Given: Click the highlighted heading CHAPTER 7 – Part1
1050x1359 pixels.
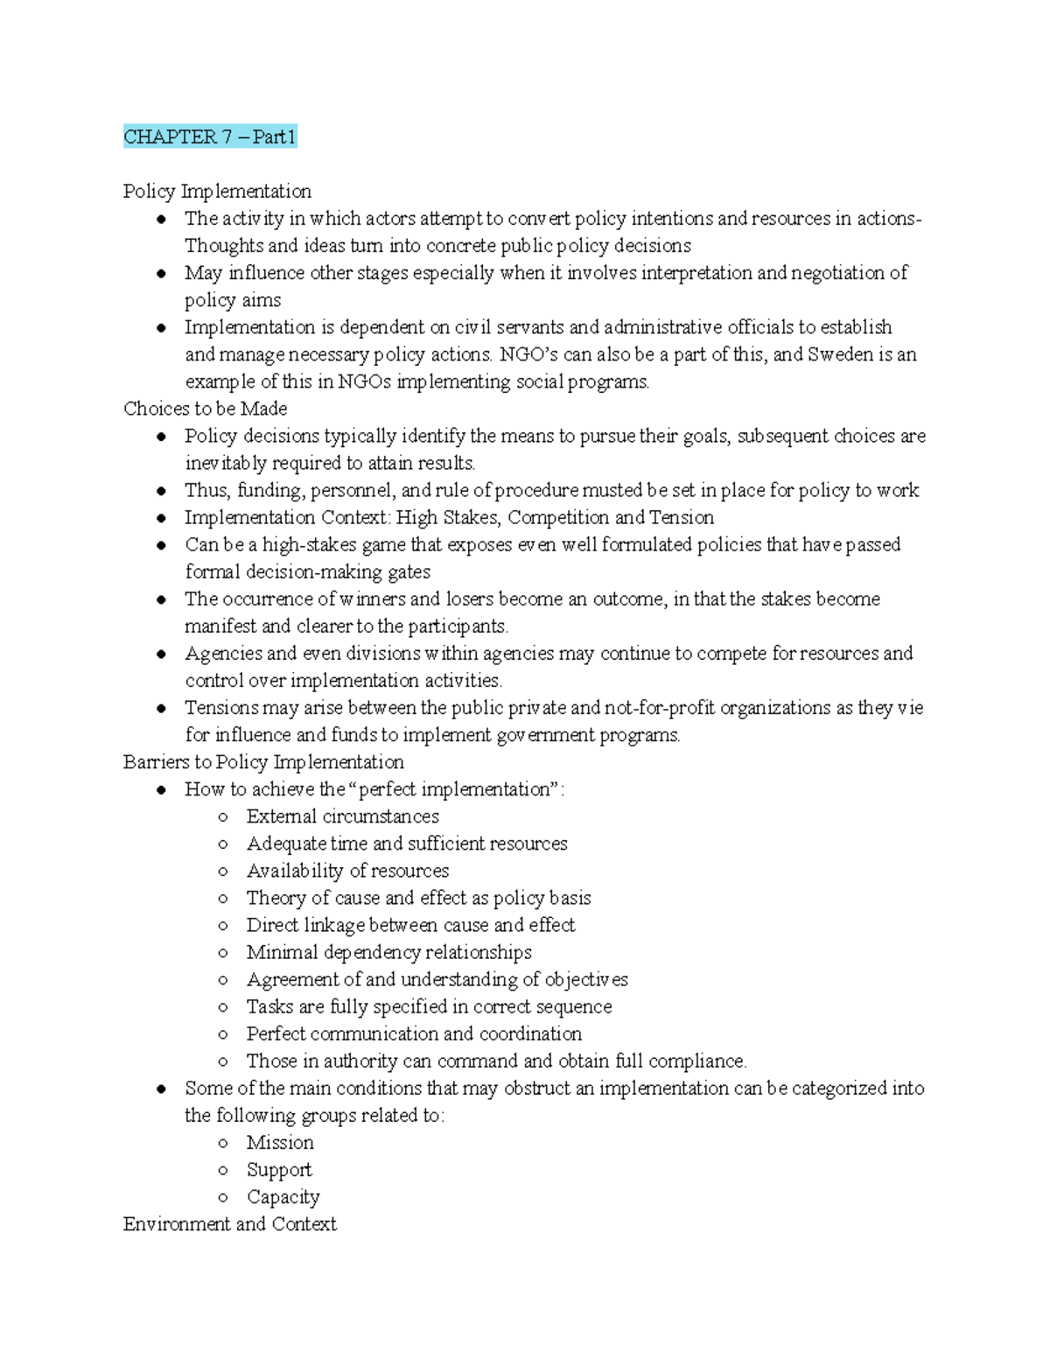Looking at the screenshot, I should (x=210, y=137).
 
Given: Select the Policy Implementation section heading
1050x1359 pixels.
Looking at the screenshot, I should (x=217, y=191).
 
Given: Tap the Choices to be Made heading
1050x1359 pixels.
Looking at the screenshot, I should (x=205, y=409).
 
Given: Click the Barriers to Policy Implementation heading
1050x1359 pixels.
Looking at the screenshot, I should (x=263, y=761).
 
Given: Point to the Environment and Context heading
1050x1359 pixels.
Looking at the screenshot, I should (x=229, y=1223).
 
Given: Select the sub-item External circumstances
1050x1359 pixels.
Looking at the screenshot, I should (x=342, y=816).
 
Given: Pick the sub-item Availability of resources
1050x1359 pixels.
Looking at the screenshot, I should (x=347, y=871).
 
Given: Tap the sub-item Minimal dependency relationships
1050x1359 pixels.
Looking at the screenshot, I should (x=388, y=952).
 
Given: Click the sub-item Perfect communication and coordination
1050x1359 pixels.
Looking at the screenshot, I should (x=413, y=1033).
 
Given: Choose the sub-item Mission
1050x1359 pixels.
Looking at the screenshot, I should (x=279, y=1142).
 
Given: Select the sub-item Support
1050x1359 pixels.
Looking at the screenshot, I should (x=278, y=1169).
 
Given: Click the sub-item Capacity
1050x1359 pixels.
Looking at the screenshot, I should (x=283, y=1196).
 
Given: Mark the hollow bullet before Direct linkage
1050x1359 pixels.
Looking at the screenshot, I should (x=223, y=926).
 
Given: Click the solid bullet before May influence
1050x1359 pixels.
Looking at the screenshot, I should (x=161, y=274).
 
